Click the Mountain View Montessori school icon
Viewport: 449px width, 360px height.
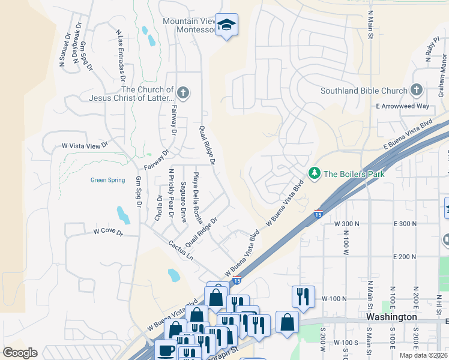[226, 25]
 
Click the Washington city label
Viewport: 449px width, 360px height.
[391, 316]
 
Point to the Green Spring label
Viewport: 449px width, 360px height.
[107, 179]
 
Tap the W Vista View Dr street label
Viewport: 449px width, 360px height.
[85, 145]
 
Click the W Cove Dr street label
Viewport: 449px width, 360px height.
[107, 232]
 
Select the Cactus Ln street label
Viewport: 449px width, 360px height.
[181, 250]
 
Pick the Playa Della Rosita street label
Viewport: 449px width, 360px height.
[197, 197]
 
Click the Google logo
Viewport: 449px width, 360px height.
[20, 353]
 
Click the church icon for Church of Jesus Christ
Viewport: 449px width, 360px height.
[183, 93]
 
